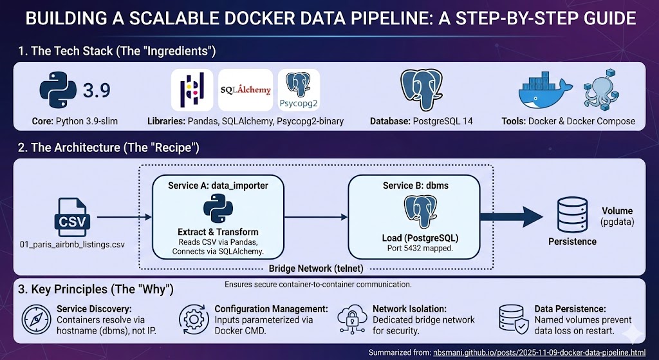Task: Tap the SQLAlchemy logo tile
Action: (x=245, y=91)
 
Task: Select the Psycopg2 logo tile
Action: (x=298, y=91)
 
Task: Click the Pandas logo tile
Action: (x=192, y=91)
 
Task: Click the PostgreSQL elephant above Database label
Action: (x=421, y=90)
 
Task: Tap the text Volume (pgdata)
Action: (x=617, y=216)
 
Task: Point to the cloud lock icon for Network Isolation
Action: (x=351, y=318)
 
